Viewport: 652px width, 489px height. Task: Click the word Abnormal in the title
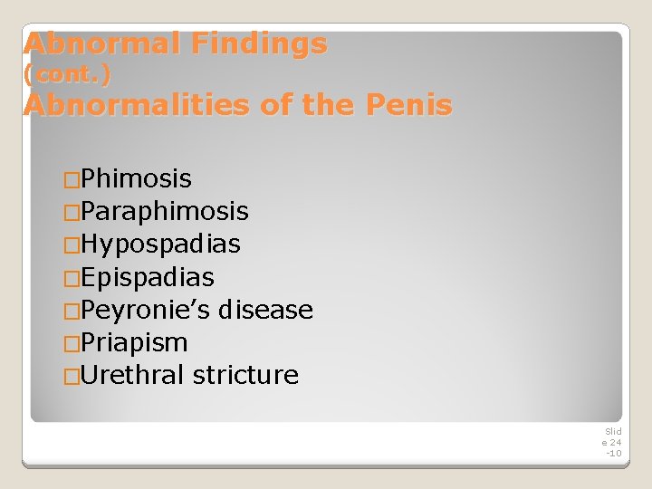[83, 43]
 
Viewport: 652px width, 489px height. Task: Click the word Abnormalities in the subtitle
[136, 105]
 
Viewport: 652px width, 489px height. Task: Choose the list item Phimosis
[136, 178]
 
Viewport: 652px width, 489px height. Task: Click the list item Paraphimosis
[164, 212]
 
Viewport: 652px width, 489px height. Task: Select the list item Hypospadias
[160, 244]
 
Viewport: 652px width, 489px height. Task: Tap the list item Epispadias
[147, 277]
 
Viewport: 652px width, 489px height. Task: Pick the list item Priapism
[134, 342]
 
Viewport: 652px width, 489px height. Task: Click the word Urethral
[133, 375]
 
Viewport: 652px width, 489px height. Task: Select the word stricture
[245, 375]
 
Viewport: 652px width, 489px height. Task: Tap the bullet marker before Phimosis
[72, 179]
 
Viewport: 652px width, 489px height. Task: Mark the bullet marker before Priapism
[72, 343]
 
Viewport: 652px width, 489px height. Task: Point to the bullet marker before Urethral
[72, 376]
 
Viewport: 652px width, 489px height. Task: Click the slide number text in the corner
[612, 442]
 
